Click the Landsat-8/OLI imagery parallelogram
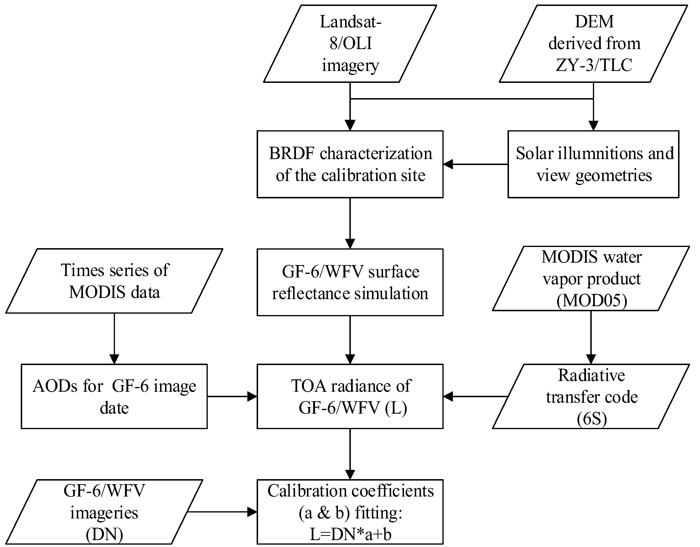350,44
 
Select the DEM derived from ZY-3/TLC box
594,44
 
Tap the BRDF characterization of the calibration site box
350,164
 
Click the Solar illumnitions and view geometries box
594,164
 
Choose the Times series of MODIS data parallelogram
114,281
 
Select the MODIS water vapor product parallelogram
591,278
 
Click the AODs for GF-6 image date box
114,396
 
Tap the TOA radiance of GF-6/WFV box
350,396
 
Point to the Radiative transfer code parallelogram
591,396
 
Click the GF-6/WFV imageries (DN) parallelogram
104,512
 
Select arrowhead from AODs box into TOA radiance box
252,396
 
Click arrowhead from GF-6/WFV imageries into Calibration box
252,512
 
